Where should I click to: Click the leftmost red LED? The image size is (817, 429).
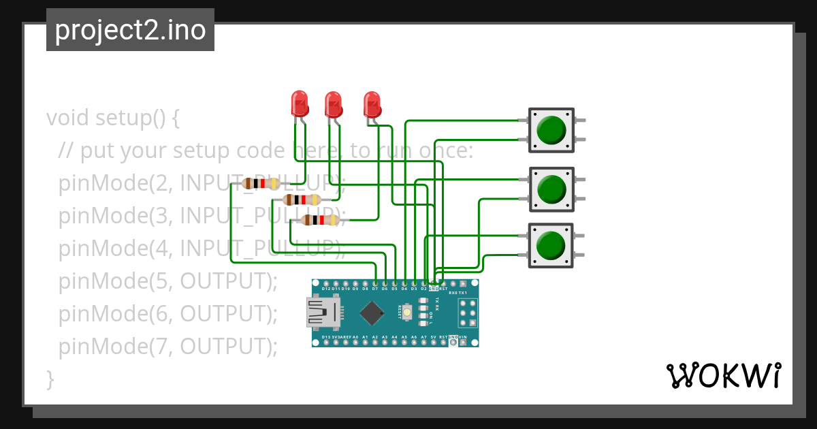pos(299,104)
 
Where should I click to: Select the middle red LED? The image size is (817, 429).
pos(333,104)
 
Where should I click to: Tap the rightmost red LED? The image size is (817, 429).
pos(372,104)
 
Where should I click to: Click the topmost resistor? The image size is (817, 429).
pos(261,183)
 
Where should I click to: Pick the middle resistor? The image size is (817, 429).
pos(300,200)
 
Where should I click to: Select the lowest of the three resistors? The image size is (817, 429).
pos(319,220)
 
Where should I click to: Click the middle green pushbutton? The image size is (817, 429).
pos(551,189)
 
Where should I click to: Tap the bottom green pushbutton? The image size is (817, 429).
pos(551,245)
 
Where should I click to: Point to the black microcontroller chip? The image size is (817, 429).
pos(372,313)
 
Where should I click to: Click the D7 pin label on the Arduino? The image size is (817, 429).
pos(375,289)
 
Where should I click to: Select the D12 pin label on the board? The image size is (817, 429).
pos(326,289)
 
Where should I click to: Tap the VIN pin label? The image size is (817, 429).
pos(463,337)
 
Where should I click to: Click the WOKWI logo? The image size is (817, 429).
pos(723,376)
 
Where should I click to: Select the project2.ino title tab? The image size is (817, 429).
pos(130,30)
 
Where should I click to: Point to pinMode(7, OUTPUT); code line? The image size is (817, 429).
pos(168,347)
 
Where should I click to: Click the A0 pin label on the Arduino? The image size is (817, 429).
pos(355,337)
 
